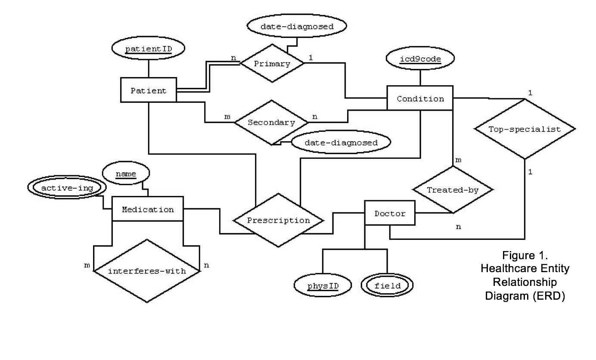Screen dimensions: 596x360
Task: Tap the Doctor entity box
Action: tap(390, 213)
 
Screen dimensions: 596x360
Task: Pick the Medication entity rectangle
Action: tap(148, 209)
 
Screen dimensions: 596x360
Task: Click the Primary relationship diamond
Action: tap(272, 63)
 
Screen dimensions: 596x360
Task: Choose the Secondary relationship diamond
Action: tap(271, 122)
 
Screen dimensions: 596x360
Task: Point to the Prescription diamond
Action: tap(278, 220)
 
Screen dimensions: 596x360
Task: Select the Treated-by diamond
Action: tap(453, 190)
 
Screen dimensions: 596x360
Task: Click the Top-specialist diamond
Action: tap(525, 129)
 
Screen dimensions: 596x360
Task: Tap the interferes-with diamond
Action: tap(147, 271)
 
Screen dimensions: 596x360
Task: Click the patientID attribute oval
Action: tap(148, 48)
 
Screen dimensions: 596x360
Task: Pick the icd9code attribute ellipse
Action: tap(420, 58)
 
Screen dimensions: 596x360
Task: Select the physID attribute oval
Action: tap(323, 285)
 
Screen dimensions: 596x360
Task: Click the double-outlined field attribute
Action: tap(387, 285)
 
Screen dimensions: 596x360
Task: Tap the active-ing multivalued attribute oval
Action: tap(67, 187)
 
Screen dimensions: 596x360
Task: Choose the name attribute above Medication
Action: tap(126, 173)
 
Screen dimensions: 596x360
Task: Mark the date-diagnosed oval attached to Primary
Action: tap(297, 26)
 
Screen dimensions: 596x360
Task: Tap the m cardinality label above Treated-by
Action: tap(458, 160)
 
